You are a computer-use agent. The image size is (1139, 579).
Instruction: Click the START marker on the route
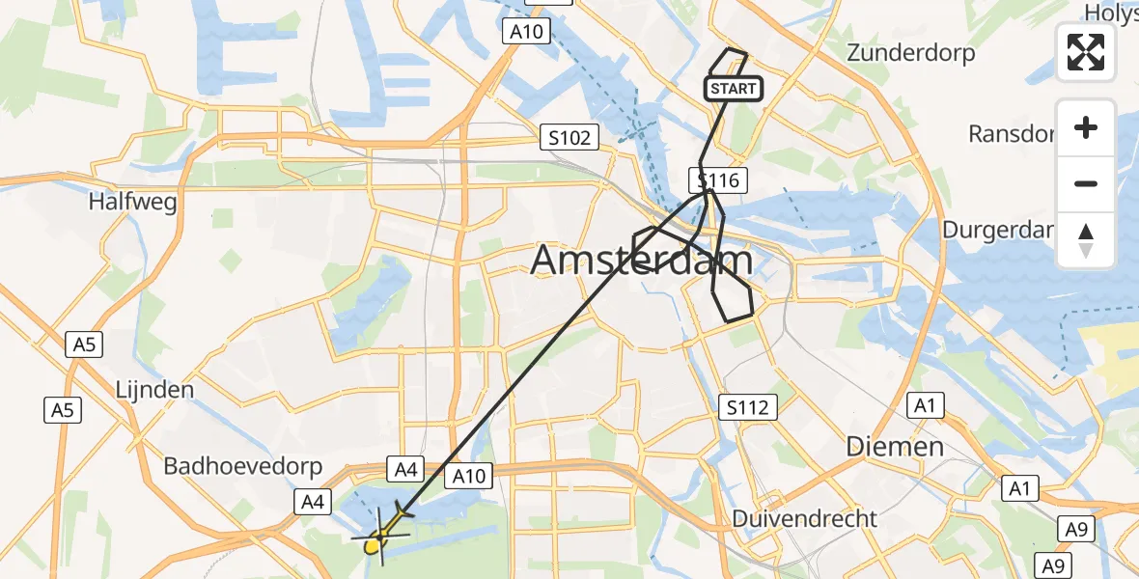click(734, 89)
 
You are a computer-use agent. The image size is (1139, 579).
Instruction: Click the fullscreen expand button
click(1086, 52)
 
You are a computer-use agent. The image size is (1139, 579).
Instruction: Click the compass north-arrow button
click(1086, 240)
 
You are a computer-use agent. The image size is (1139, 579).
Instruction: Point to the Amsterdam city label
click(641, 261)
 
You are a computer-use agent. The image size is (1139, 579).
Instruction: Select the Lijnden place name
click(154, 390)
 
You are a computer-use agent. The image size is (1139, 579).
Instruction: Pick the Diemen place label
click(894, 446)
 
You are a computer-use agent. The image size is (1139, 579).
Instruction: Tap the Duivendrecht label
click(805, 518)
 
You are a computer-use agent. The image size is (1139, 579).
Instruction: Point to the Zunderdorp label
click(910, 53)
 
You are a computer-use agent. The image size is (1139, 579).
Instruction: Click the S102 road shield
click(569, 137)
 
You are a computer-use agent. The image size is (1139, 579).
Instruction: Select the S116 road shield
click(716, 179)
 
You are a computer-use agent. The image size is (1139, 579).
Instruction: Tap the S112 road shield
click(749, 407)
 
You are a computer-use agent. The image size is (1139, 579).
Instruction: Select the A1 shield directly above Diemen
click(926, 406)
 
